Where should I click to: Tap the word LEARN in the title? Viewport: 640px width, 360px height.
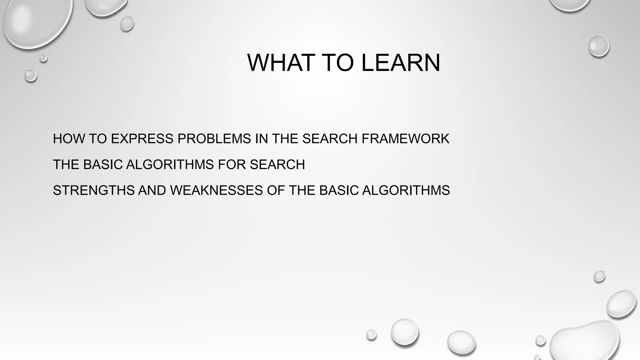point(401,63)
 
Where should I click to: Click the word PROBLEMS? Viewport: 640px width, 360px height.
point(214,139)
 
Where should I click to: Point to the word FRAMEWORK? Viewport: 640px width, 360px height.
point(405,139)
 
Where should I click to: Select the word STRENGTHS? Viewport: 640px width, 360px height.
point(93,190)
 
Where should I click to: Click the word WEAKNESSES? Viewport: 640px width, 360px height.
point(216,190)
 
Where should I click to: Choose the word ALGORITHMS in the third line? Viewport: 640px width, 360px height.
point(406,190)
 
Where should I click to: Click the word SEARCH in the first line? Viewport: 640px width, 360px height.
point(330,139)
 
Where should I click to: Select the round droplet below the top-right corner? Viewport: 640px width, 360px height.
point(598,46)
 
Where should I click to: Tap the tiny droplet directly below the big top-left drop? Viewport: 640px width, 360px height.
point(43,58)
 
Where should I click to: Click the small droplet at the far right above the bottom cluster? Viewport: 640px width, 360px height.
point(599,276)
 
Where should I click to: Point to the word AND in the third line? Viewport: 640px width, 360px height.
point(152,190)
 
